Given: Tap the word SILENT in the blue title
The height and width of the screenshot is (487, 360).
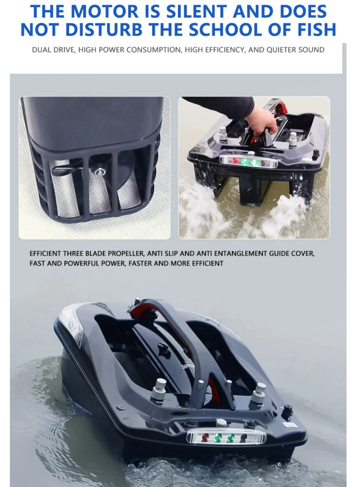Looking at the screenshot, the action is [197, 12].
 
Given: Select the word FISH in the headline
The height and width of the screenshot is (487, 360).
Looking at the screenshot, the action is [317, 30].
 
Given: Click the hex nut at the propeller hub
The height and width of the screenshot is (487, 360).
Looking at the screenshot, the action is [100, 172].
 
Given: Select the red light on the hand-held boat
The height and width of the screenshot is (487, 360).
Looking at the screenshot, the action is [235, 161].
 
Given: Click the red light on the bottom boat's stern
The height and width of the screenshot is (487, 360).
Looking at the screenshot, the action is [205, 438].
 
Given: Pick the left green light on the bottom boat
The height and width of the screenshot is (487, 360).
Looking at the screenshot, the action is [218, 438].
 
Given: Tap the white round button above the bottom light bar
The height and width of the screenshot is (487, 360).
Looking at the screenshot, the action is [221, 422].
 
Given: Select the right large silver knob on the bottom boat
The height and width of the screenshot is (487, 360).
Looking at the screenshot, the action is [258, 393].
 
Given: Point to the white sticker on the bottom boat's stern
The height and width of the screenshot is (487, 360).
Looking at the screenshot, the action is [290, 424].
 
